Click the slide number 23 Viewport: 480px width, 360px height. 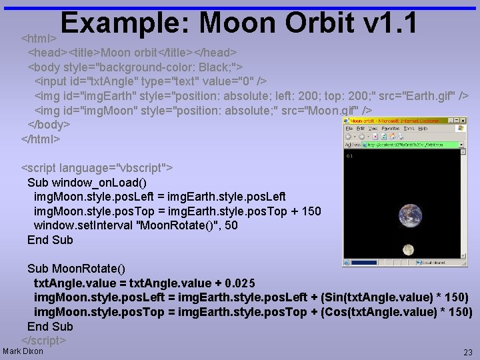pyautogui.click(x=467, y=351)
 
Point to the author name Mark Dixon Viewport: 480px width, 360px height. pyautogui.click(x=23, y=351)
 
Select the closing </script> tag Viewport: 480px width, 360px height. pyautogui.click(x=44, y=340)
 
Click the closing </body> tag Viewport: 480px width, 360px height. pyautogui.click(x=49, y=125)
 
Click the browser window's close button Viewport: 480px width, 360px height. pyautogui.click(x=461, y=121)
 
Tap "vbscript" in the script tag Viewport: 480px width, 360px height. pyautogui.click(x=143, y=167)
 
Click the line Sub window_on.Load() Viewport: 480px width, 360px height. pyautogui.click(x=87, y=182)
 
